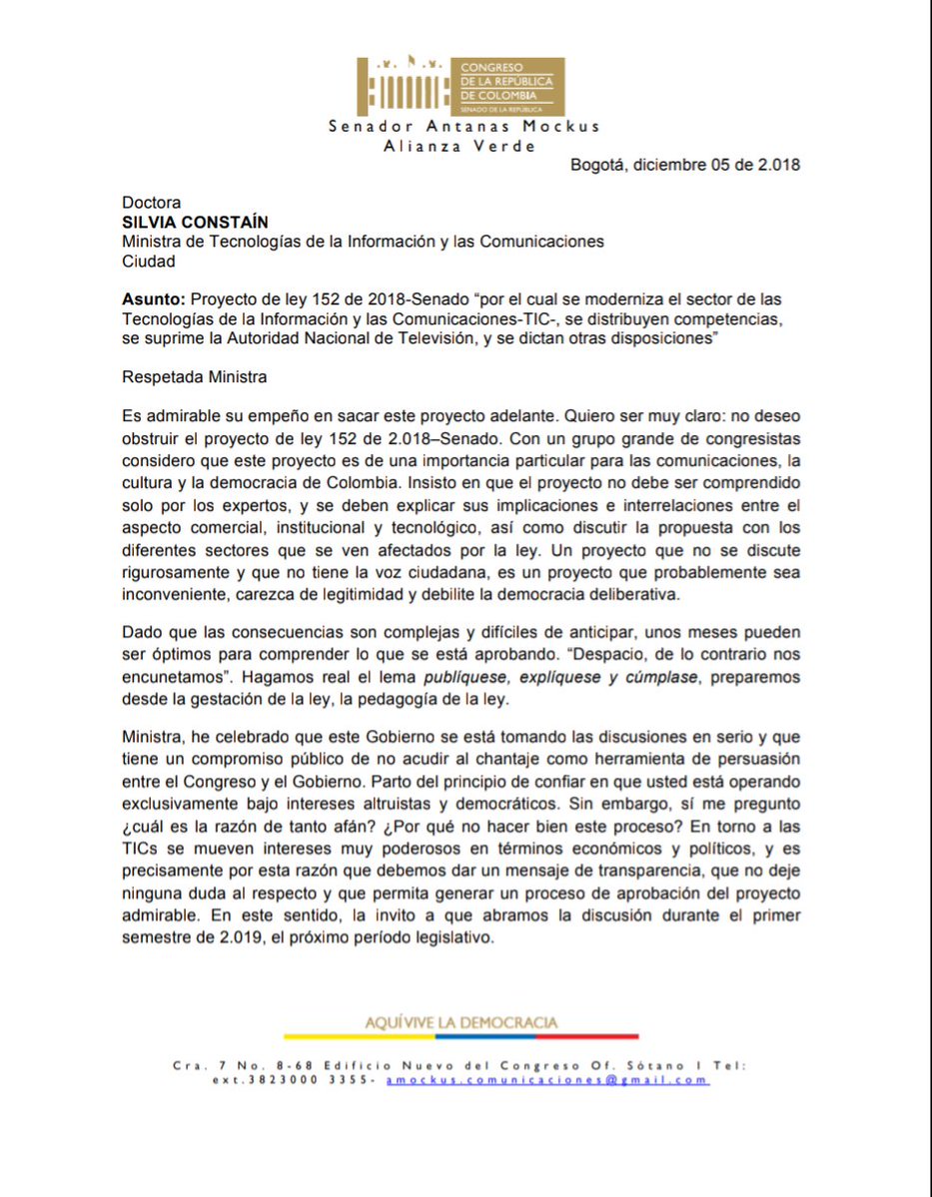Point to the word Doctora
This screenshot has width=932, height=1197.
coord(152,203)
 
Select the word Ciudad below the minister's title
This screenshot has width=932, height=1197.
coord(149,262)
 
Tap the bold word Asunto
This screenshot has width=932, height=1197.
coord(153,299)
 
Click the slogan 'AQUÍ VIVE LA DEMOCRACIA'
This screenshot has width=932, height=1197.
coord(462,1022)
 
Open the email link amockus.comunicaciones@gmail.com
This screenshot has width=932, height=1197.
coord(547,1080)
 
